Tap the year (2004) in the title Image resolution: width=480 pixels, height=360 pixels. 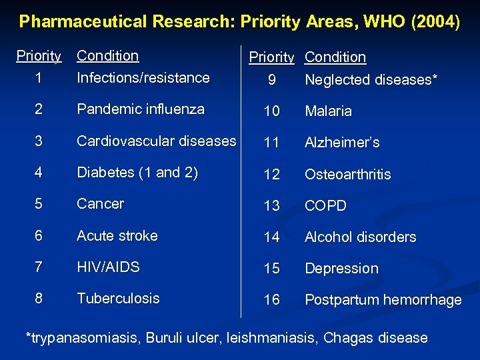(x=436, y=22)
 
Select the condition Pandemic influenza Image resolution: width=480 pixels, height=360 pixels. (x=141, y=109)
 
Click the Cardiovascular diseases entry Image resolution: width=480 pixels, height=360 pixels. (x=157, y=141)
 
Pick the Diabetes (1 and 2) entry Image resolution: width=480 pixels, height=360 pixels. (x=137, y=173)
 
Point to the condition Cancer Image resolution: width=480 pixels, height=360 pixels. (x=101, y=204)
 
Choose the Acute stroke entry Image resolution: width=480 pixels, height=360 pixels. (x=117, y=236)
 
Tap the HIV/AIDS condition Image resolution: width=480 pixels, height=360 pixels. (x=109, y=267)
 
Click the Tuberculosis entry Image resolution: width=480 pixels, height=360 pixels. (x=118, y=299)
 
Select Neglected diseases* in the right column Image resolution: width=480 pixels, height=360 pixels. (x=371, y=80)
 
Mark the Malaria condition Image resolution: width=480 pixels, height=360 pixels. (x=328, y=111)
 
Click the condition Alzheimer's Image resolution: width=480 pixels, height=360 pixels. (x=342, y=143)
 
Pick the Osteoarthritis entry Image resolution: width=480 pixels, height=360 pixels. (x=348, y=175)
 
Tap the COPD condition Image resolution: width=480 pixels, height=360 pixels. (x=325, y=206)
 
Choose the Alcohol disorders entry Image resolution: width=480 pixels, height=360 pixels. (x=360, y=237)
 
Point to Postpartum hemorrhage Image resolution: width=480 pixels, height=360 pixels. (x=383, y=300)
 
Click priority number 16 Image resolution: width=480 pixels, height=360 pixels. (x=271, y=300)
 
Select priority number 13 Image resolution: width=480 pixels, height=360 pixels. (x=271, y=206)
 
